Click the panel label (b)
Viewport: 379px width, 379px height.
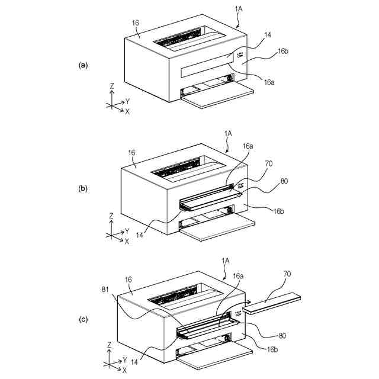(x=83, y=189)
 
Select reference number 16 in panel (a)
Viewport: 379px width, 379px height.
(x=136, y=24)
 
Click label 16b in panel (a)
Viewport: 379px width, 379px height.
(x=282, y=52)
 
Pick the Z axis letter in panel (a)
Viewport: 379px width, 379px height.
(x=111, y=86)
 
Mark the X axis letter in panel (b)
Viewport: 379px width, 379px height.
(x=127, y=241)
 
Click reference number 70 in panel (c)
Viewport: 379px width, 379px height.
(x=288, y=275)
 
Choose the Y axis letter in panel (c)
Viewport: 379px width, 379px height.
(x=124, y=359)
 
